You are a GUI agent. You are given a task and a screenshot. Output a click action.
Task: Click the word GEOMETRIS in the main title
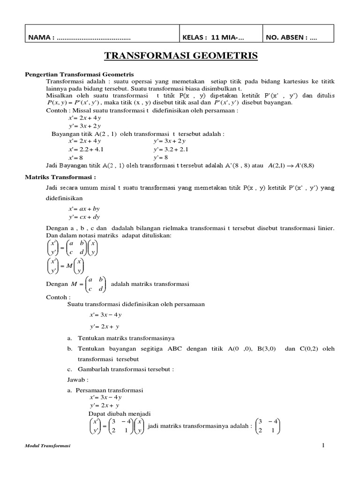pos(221,56)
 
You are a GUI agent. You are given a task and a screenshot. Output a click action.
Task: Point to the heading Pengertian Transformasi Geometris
pos(79,75)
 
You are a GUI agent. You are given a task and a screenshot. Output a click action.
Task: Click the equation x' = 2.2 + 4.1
pos(86,149)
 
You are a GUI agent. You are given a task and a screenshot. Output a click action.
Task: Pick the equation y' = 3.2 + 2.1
pos(171,149)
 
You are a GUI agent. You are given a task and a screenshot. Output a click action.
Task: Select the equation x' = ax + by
pos(84,208)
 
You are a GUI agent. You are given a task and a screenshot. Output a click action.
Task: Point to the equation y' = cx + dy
pos(84,217)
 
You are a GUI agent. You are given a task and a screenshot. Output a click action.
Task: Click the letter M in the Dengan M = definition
pos(74,284)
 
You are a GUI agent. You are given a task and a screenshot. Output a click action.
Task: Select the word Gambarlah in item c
pos(92,369)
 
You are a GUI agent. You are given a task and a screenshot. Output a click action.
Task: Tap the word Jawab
pos(78,379)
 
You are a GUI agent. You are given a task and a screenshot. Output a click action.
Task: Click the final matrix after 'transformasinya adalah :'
pos(268,426)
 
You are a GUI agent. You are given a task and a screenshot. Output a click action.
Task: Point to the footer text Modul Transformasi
pos(47,446)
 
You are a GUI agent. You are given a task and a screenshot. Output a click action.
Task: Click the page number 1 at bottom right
pos(323,445)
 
